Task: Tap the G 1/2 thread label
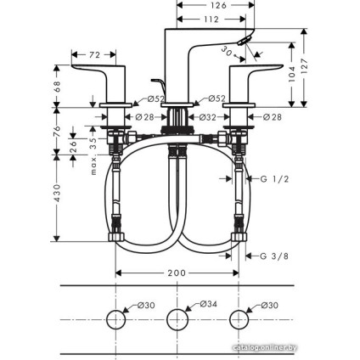coord(272,178)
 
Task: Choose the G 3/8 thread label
coord(272,254)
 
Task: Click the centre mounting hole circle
coord(176,320)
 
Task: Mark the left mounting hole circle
coord(116,320)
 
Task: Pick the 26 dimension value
coord(75,144)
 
